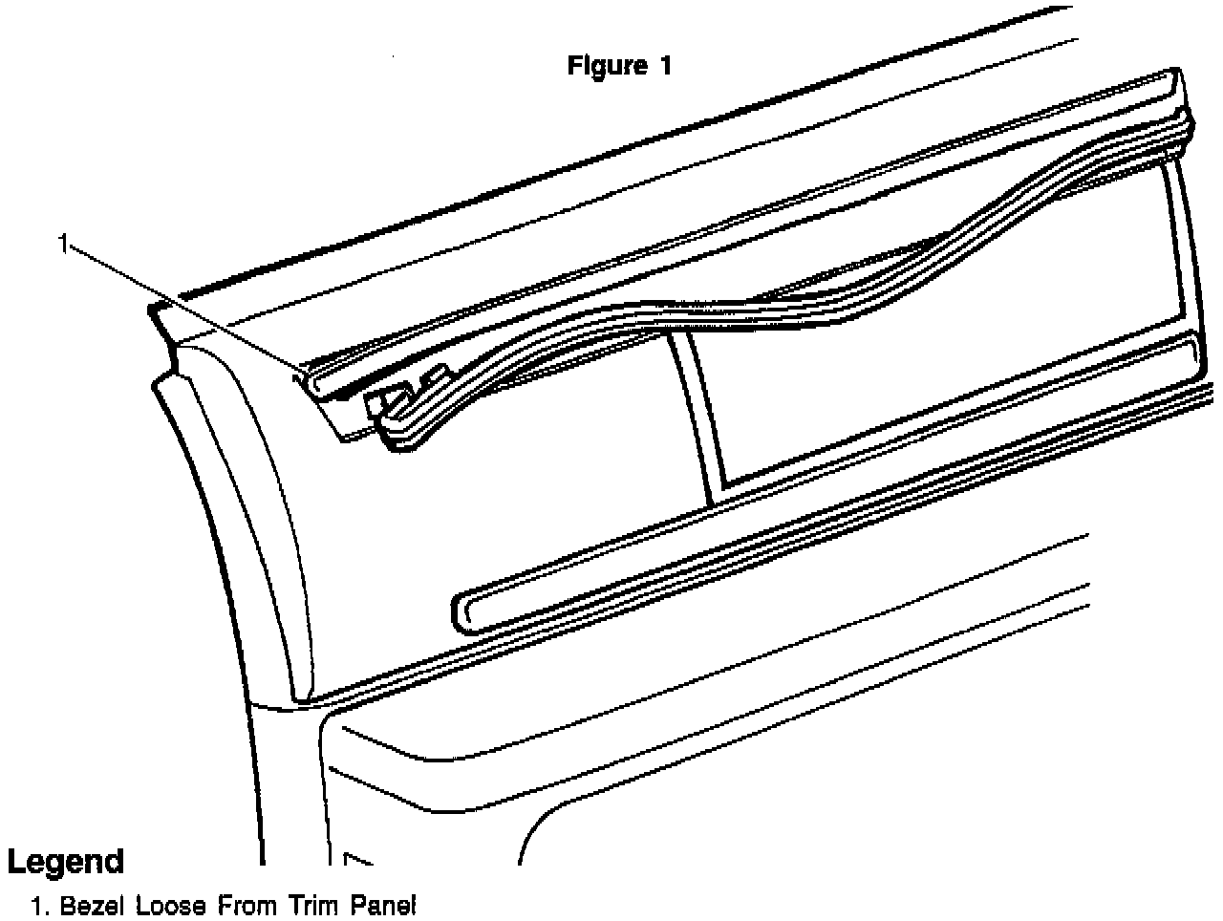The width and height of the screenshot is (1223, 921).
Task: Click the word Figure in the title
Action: (x=604, y=66)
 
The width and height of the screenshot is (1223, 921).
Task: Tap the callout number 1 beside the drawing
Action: (x=63, y=245)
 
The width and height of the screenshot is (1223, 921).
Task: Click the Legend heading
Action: (x=65, y=862)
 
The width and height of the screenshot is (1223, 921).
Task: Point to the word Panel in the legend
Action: (x=382, y=906)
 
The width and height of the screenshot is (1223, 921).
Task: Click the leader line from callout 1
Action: (x=182, y=306)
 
